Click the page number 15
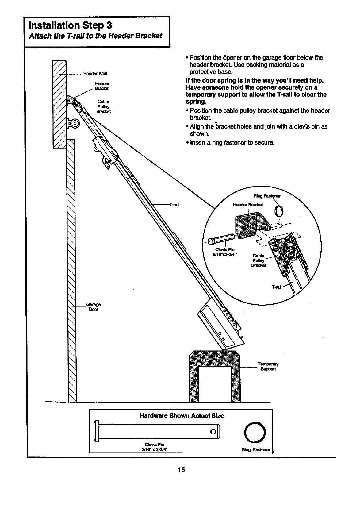point(181,470)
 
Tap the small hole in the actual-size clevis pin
point(213,432)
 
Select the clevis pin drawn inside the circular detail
point(221,239)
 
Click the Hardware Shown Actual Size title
point(182,416)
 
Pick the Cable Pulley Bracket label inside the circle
point(258,260)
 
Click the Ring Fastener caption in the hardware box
point(256,450)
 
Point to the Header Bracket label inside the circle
point(248,205)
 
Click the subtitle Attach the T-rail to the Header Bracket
point(95,36)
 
